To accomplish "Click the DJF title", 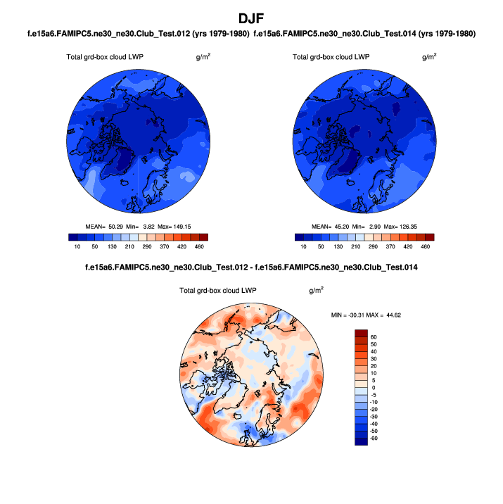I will tap(251, 18).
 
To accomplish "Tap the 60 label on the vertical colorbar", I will tap(374, 337).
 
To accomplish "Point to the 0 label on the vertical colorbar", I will tap(374, 388).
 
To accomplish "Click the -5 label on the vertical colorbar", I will tap(374, 395).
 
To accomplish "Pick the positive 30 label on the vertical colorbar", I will tap(374, 359).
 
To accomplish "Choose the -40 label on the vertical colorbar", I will tap(374, 424).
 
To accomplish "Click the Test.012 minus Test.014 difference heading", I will tap(250, 267).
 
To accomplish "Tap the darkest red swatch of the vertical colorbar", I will tap(361, 333).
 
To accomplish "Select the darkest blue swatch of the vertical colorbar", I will tap(361, 441).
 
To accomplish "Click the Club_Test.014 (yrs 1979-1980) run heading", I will tap(364, 34).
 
